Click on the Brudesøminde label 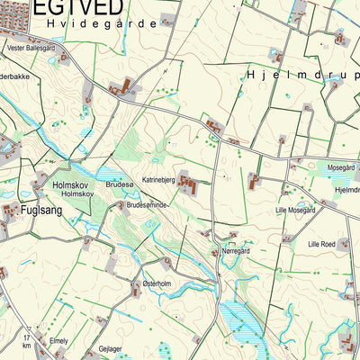pyautogui.click(x=148, y=205)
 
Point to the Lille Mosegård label pyautogui.click(x=295, y=211)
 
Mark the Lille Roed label pyautogui.click(x=320, y=244)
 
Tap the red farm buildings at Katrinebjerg pyautogui.click(x=189, y=184)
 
